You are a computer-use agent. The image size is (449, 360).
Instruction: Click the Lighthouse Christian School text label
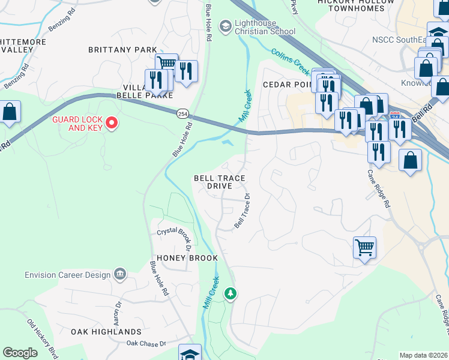tap(265, 26)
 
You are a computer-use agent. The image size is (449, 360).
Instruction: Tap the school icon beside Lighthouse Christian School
tap(225, 26)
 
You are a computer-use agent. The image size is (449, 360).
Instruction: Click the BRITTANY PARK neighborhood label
tap(122, 50)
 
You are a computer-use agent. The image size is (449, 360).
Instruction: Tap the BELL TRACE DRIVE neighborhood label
tap(219, 182)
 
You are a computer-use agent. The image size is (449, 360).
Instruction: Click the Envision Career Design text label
tap(68, 275)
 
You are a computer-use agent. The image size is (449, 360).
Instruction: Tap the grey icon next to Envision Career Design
tap(120, 274)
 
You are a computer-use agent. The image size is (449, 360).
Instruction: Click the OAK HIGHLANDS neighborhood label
tap(106, 331)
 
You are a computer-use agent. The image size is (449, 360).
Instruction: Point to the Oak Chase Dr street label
tap(146, 343)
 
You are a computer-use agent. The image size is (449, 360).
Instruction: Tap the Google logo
tap(20, 353)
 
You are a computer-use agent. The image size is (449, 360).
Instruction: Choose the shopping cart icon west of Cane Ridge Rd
tap(364, 247)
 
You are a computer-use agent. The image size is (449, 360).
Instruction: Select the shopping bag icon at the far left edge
tap(10, 112)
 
